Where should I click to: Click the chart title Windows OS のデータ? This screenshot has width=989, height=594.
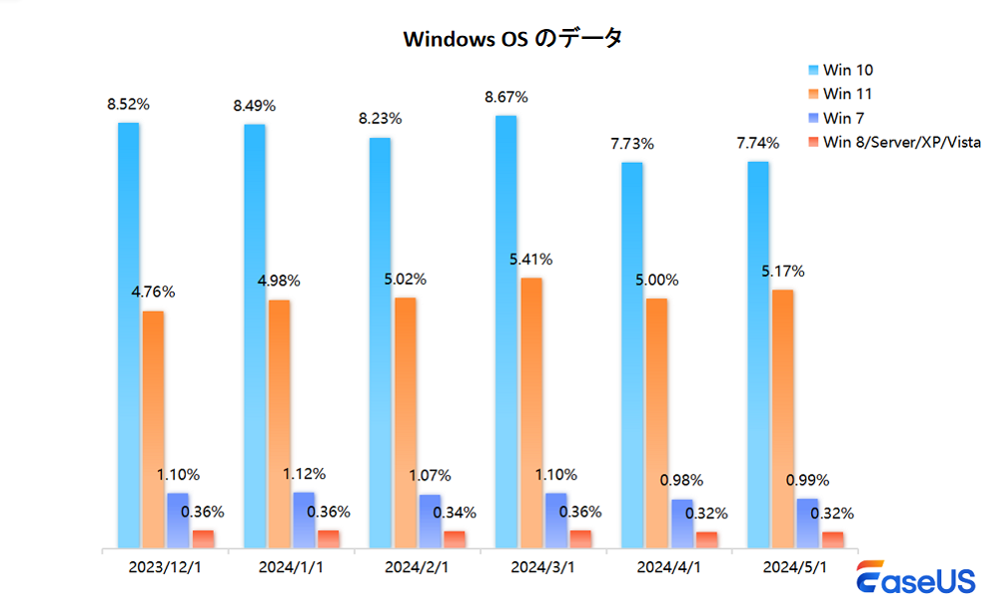[512, 38]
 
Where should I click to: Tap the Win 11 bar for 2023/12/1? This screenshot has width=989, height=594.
[154, 429]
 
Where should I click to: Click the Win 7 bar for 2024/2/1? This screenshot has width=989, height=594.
[430, 521]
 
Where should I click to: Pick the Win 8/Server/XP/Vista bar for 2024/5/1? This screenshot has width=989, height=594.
[832, 539]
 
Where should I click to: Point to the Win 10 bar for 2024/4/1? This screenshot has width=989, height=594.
[631, 354]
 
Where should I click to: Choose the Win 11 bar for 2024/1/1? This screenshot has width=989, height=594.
[280, 423]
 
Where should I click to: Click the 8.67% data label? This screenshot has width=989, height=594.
[506, 97]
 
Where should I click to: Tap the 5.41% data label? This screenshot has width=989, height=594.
[531, 260]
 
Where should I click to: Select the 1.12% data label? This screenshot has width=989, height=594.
[304, 474]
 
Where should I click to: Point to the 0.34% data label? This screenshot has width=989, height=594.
[455, 513]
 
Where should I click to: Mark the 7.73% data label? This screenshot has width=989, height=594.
[632, 144]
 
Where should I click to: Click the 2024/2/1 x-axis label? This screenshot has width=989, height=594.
[417, 567]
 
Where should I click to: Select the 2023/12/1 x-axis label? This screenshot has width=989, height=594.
[165, 567]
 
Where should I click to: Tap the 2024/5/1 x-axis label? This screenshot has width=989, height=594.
[795, 567]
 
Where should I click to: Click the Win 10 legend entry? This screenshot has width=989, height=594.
[849, 70]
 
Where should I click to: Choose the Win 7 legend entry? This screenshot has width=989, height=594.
[845, 118]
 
